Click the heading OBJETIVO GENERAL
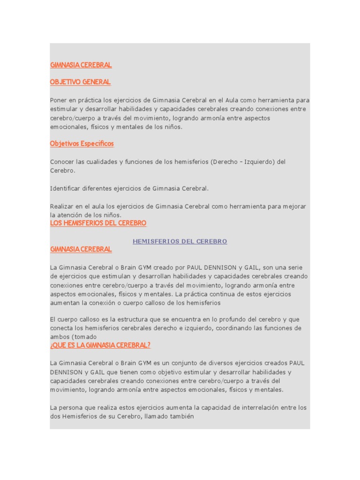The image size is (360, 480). (80, 82)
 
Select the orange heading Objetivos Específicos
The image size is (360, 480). (82, 143)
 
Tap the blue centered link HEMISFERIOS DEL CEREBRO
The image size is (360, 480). (180, 241)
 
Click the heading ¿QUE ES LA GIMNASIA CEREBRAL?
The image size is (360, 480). (100, 345)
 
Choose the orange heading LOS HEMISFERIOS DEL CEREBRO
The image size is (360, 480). (98, 223)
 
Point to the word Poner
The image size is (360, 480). (59, 100)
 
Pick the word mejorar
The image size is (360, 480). (293, 206)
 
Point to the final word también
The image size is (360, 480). (179, 417)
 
